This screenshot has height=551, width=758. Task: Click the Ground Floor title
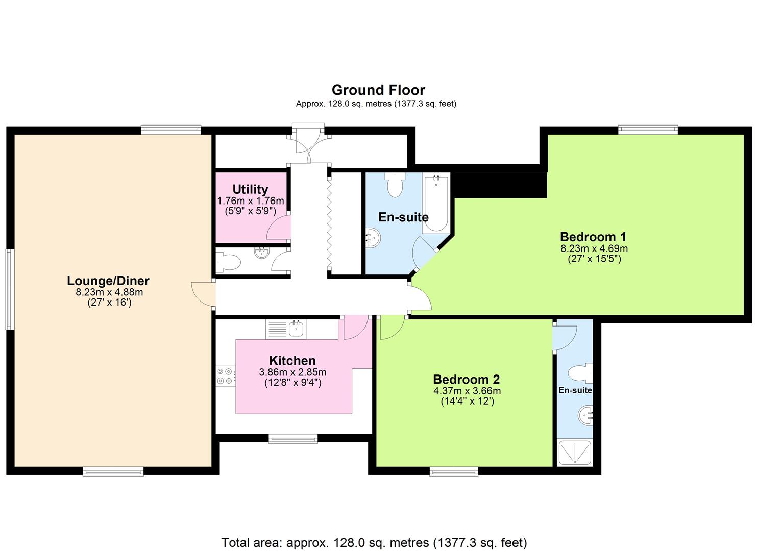coord(378,90)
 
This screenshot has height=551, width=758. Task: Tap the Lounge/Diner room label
coord(108,281)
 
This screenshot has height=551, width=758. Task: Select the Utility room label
coord(250,189)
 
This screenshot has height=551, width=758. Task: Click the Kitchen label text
coord(292,360)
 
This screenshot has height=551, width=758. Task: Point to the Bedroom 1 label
coord(593,237)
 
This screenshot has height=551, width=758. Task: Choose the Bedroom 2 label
coord(466,379)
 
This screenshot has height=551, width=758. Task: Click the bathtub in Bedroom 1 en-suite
coord(436,204)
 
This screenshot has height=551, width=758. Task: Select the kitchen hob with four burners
coord(225,376)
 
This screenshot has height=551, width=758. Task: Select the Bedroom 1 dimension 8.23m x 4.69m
coord(594,249)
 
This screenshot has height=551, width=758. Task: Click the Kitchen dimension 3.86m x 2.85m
coord(292,372)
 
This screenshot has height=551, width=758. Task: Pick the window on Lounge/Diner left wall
coord(9,289)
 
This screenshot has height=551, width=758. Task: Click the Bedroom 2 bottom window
coord(454,471)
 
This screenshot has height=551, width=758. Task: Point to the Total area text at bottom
coord(374,542)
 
